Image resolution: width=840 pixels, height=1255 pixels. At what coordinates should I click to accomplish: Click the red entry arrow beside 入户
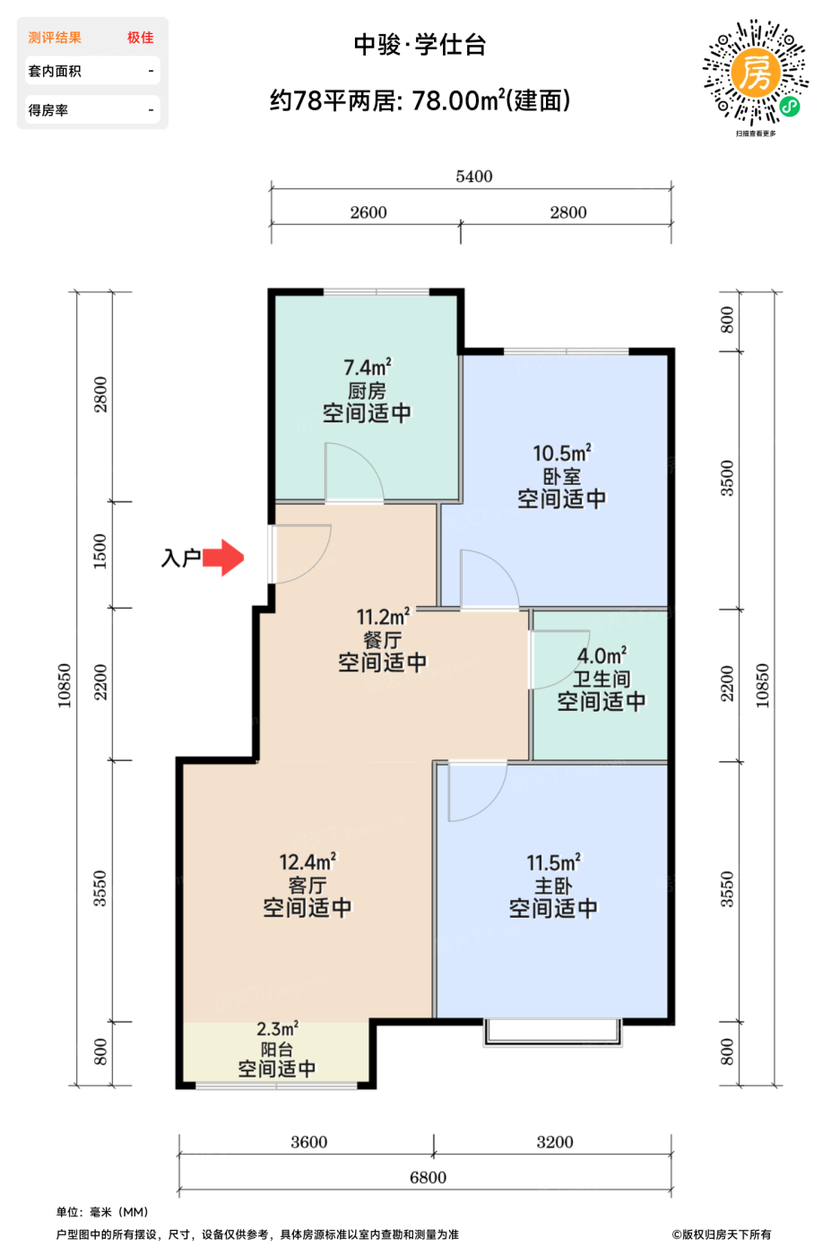pos(223,558)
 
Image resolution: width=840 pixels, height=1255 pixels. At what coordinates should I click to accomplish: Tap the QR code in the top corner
pos(756,73)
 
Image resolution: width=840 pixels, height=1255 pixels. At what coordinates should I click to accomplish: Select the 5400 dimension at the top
pos(474,177)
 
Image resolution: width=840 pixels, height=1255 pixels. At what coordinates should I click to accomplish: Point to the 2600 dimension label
pos(368,212)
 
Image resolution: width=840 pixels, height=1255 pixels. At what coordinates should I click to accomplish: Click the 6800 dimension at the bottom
pos(429,1177)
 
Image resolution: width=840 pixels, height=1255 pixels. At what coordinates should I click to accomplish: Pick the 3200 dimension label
pos(555,1142)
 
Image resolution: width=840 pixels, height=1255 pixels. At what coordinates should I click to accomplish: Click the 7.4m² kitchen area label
pos(368,368)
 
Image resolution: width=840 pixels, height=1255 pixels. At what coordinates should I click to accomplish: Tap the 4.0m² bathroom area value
pos(602,655)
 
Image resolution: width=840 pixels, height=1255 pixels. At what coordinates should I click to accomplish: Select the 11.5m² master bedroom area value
pos(554,862)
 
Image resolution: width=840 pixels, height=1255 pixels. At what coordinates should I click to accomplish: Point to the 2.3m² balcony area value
pos(277,1029)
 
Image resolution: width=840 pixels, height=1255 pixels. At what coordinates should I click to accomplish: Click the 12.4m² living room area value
pos(307,861)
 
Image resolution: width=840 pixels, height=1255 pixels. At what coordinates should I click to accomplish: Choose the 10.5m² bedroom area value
pos(562,453)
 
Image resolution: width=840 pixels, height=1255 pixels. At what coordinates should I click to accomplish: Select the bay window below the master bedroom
pos(552,1032)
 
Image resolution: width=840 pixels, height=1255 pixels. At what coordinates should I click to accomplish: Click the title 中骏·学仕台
pos(420,45)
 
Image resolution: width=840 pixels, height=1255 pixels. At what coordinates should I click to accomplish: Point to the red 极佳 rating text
pos(140,38)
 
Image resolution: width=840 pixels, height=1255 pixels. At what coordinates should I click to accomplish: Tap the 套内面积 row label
pos(55,71)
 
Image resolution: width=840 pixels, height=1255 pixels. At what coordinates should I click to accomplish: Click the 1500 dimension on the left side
pos(100,552)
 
